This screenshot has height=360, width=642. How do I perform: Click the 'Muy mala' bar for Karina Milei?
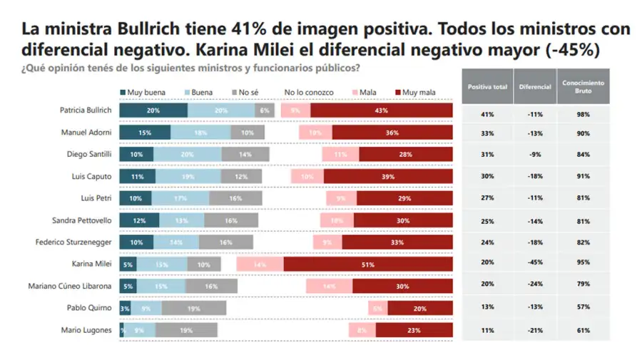pos(368,264)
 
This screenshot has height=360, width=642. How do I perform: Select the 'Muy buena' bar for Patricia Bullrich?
pos(153,110)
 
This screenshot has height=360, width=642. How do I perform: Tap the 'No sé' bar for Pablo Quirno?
pos(194,308)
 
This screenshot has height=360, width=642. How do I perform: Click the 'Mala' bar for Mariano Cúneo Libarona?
pos(329,286)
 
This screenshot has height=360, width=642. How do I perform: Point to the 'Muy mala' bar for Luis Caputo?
pos(388,177)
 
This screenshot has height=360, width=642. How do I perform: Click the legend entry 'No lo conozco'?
pos(308,92)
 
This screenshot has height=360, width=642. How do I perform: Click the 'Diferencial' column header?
pos(535,87)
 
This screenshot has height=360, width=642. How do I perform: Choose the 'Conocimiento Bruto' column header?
pos(583,87)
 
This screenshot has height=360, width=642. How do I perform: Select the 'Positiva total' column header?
pos(487,87)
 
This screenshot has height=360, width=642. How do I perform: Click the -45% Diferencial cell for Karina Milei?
pos(535,264)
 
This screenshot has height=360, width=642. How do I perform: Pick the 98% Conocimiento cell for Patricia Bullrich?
pos(583,114)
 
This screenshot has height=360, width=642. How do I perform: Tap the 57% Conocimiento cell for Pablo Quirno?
pos(583,308)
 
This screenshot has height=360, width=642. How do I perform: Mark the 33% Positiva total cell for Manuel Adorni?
pos(487,133)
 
